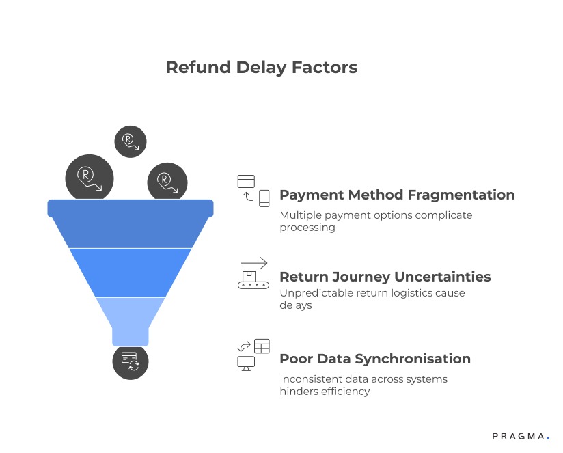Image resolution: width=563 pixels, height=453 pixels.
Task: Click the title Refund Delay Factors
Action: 262,68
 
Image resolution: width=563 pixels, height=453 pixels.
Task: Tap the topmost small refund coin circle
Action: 130,141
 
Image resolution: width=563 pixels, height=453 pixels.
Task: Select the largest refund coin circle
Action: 89,178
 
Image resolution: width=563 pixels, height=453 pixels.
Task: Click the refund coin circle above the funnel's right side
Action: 167,182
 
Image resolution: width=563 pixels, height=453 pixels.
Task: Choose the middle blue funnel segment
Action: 131,272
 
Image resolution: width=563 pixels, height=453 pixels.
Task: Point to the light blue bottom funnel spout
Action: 131,319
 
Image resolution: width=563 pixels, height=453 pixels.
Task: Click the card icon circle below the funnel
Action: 130,361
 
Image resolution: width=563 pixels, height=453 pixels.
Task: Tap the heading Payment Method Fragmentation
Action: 397,195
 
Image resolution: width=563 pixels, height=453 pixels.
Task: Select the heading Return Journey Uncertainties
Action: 385,277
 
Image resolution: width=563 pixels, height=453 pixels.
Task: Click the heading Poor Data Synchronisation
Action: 375,359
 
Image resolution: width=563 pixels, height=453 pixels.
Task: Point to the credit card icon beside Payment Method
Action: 246,181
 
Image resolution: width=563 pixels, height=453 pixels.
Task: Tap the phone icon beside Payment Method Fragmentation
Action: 264,198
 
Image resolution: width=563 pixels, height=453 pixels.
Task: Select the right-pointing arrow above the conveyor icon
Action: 253,262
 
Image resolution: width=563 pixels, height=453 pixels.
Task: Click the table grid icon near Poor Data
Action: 262,345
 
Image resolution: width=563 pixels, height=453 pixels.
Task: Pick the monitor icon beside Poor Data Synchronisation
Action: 246,363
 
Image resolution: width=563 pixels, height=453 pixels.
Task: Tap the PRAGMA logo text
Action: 518,435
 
